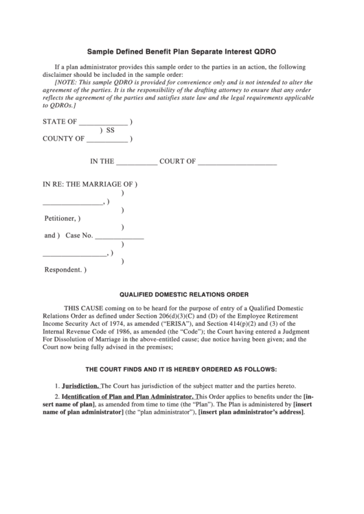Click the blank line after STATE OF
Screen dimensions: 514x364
pos(103,123)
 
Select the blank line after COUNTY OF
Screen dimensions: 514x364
pos(107,139)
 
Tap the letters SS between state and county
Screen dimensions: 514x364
pos(110,130)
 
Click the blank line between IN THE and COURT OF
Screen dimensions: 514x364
pos(137,164)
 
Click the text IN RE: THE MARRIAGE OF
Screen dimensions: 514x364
pos(88,185)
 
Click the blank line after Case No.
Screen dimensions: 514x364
pos(119,237)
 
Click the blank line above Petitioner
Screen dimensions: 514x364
pos(72,203)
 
